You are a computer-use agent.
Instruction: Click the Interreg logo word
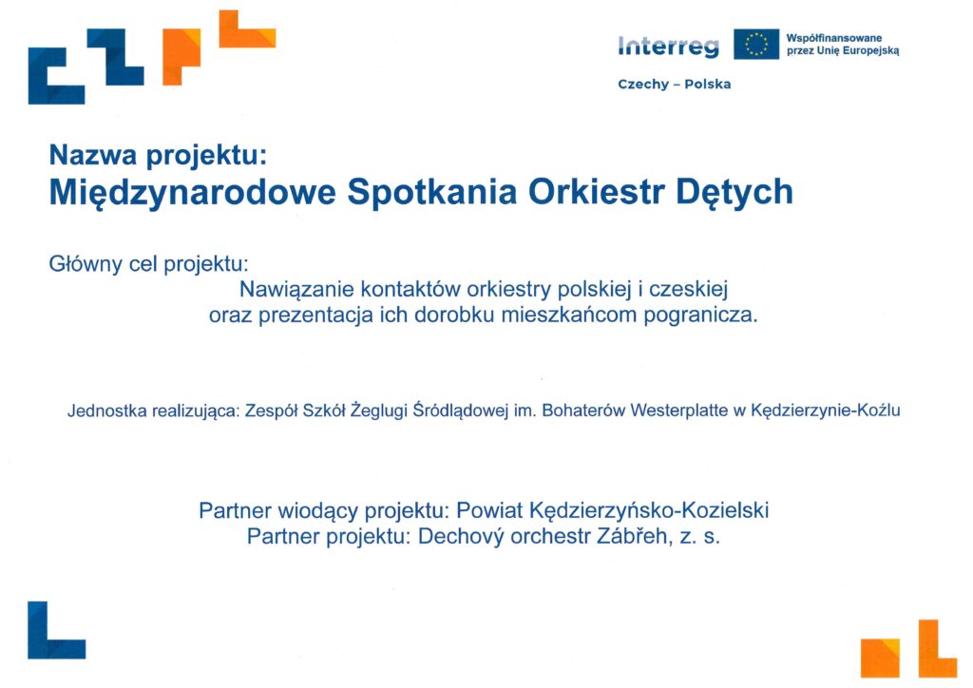pyautogui.click(x=668, y=47)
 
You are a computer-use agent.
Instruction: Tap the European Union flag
pyautogui.click(x=755, y=44)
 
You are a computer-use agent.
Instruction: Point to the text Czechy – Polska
pyautogui.click(x=674, y=85)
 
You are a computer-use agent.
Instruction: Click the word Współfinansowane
pyautogui.click(x=834, y=38)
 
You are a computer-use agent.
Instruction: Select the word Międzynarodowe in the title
pyautogui.click(x=192, y=192)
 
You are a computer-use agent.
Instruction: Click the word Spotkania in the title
pyautogui.click(x=432, y=192)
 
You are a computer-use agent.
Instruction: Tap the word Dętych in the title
pyautogui.click(x=735, y=192)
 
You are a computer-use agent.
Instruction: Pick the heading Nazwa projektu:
pyautogui.click(x=158, y=155)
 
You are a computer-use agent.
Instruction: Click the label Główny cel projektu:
pyautogui.click(x=148, y=265)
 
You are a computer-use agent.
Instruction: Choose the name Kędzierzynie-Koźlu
pyautogui.click(x=826, y=411)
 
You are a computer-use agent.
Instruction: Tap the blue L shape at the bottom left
pyautogui.click(x=56, y=630)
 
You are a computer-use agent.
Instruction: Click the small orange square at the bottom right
pyautogui.click(x=880, y=658)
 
